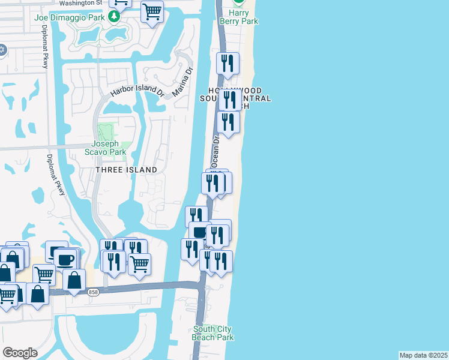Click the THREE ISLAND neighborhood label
[x=126, y=170]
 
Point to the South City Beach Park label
[x=212, y=333]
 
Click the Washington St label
[x=81, y=3]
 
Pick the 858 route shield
[x=93, y=292]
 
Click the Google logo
[x=20, y=352]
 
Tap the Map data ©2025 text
[x=423, y=355]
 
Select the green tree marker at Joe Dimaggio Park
[x=113, y=17]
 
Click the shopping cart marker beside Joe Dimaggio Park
[x=152, y=11]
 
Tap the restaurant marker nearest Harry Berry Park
[x=228, y=63]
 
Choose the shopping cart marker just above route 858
[x=139, y=263]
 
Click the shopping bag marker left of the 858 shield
[x=74, y=280]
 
